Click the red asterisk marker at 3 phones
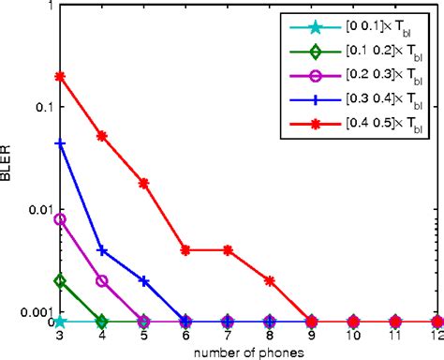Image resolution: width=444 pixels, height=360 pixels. pos(60,76)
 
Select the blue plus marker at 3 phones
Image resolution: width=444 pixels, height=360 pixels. pos(60,143)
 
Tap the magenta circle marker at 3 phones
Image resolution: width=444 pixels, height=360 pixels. pos(60,219)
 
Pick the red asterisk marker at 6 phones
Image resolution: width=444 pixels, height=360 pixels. pos(185,250)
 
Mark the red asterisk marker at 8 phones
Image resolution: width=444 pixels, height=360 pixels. pos(270,280)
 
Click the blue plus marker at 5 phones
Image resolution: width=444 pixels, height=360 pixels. pos(144,280)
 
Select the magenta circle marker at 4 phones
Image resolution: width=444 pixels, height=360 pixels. pos(102,280)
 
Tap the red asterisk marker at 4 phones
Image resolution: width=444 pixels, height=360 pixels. pos(102,136)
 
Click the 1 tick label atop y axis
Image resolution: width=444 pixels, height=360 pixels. pos(49,7)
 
